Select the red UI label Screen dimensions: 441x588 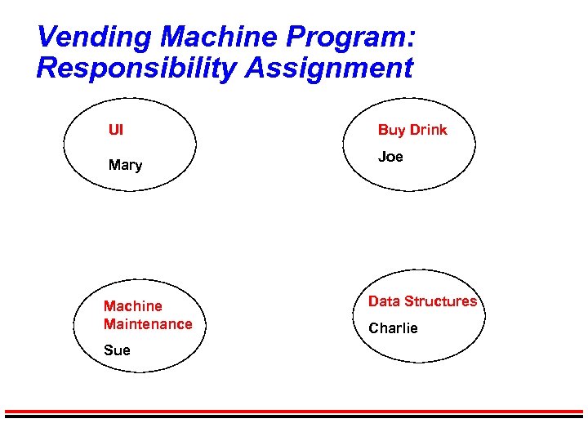(116, 129)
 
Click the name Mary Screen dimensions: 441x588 (125, 165)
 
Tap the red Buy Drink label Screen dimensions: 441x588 (412, 130)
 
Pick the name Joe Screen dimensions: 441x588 (390, 157)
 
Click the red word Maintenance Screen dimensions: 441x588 (148, 324)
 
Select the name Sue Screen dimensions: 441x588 (117, 350)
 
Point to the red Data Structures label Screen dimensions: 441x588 (422, 301)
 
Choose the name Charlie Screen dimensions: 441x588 (393, 328)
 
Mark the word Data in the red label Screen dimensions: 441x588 (383, 301)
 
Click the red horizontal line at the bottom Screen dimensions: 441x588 (294, 411)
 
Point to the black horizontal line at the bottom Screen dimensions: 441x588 (294, 416)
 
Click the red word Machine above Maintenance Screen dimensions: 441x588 (132, 306)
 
